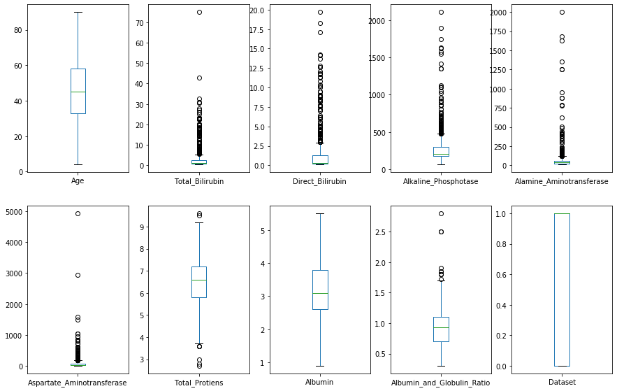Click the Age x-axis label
point(78,181)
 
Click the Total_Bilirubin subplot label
point(198,181)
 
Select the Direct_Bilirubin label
point(320,181)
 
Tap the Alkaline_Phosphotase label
point(441,181)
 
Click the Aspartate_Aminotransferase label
point(78,383)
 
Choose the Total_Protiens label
point(198,383)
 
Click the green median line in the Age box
point(78,92)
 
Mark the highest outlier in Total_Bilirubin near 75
point(199,12)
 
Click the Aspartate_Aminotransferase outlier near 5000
point(78,213)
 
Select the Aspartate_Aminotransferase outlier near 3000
point(78,275)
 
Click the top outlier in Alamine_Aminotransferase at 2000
point(562,12)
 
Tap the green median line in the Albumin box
point(320,293)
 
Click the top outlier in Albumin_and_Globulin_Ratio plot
point(441,213)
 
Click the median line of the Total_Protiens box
point(198,280)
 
